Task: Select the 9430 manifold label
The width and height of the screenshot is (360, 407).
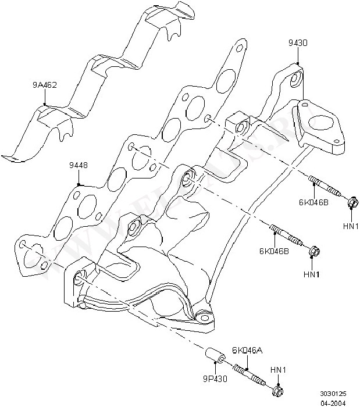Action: [x=297, y=42]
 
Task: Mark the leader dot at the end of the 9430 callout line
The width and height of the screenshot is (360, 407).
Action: [x=297, y=63]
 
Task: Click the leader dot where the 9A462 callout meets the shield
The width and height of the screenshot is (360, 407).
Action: [x=44, y=105]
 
